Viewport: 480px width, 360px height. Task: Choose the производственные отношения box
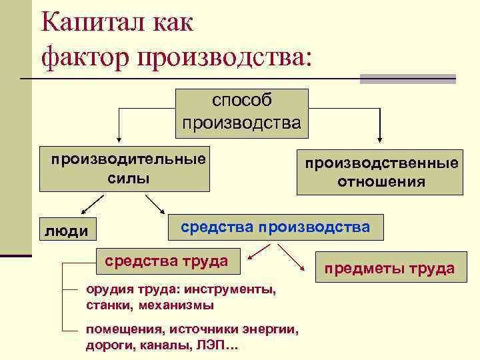(381, 173)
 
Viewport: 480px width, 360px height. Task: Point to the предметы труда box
(389, 269)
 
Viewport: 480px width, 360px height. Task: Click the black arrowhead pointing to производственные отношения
(380, 139)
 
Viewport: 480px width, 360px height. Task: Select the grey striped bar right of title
(407, 79)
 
